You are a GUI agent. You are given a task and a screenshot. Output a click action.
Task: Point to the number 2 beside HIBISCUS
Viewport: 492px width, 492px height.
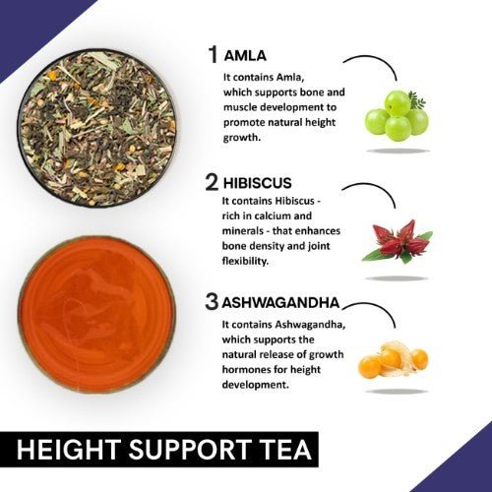click(x=211, y=182)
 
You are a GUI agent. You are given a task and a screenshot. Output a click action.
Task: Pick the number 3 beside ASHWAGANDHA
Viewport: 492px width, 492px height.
click(x=211, y=302)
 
